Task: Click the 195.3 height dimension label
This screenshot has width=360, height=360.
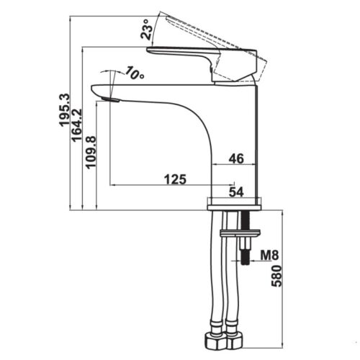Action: click(65, 110)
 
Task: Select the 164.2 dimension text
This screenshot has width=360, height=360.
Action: click(77, 125)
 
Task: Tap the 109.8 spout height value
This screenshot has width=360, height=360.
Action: click(91, 153)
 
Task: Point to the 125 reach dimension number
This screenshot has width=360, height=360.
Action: click(175, 179)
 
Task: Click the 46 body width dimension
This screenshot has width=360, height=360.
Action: click(236, 158)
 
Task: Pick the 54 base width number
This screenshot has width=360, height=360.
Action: click(236, 192)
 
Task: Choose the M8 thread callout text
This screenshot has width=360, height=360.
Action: click(270, 255)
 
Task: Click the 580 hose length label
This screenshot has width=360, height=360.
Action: click(276, 276)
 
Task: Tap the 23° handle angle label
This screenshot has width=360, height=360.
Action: click(146, 30)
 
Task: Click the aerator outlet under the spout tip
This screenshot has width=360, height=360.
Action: click(110, 99)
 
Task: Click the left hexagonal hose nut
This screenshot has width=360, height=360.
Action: click(215, 341)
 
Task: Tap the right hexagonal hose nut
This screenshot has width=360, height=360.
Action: click(234, 341)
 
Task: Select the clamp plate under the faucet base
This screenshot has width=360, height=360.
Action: click(240, 233)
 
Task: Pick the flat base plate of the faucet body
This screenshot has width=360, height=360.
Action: click(234, 207)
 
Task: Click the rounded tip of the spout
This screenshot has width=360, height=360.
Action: click(94, 91)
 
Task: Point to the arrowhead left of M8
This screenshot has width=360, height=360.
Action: click(252, 261)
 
